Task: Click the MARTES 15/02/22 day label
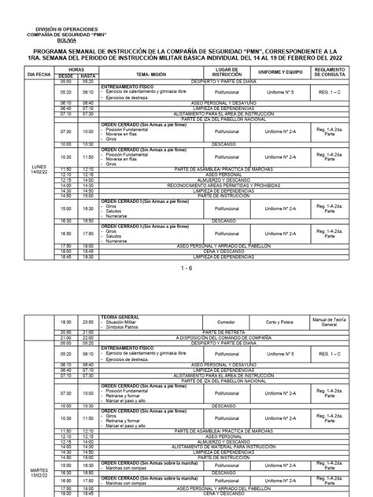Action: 39,470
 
